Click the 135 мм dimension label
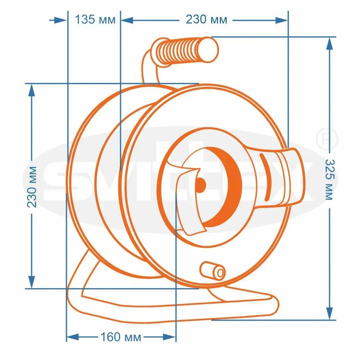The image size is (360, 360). (95, 19)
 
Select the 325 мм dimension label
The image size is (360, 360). (330, 180)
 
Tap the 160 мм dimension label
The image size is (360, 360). (121, 337)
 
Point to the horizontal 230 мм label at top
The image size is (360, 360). (207, 19)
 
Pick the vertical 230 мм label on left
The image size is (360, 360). (31, 187)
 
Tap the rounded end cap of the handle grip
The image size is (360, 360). (208, 50)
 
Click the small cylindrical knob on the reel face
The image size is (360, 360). (213, 271)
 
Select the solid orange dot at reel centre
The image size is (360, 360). (200, 185)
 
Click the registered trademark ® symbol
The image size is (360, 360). (327, 139)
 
